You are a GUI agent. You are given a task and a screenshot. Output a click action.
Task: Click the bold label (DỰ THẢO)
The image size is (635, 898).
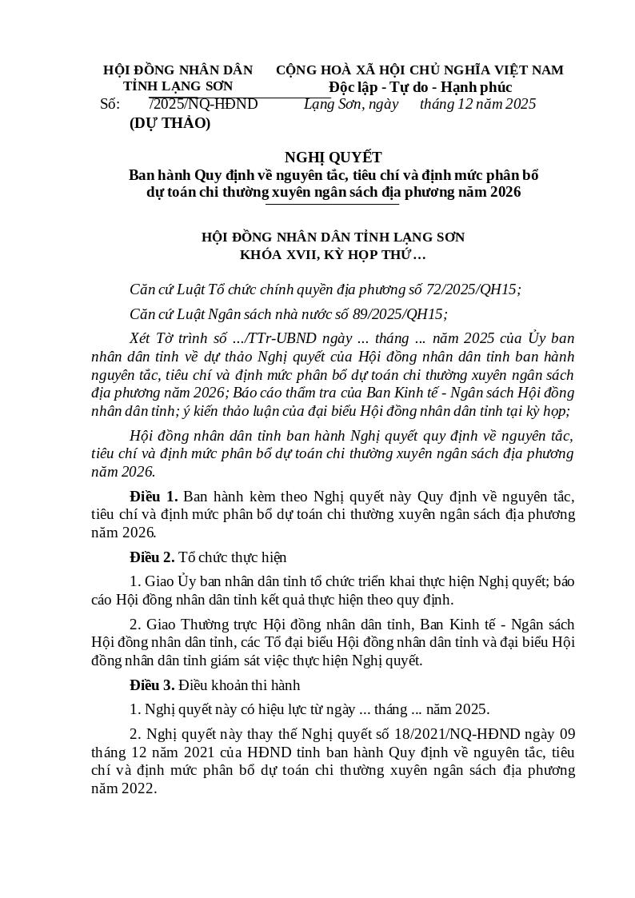tap(170, 123)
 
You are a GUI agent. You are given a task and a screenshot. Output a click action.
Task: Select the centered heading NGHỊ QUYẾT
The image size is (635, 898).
tap(333, 158)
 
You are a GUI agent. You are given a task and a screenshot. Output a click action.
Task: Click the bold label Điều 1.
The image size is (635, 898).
tap(154, 497)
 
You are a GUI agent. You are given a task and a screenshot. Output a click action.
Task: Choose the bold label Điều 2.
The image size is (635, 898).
tap(152, 557)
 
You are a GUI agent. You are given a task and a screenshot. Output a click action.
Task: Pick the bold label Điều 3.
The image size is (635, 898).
tap(152, 685)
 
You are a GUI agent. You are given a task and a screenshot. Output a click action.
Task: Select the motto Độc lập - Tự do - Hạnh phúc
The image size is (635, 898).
tap(420, 87)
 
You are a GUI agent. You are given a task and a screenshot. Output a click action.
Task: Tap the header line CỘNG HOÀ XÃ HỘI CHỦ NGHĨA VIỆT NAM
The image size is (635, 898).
tap(420, 70)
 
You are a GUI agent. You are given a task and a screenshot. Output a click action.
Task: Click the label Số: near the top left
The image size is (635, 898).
tap(110, 104)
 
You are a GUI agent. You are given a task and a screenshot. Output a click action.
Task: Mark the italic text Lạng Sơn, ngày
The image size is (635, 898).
tap(351, 104)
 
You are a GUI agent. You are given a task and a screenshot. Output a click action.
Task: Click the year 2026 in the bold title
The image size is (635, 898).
tap(505, 192)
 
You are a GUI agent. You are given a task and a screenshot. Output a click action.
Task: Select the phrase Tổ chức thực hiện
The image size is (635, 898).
tap(233, 557)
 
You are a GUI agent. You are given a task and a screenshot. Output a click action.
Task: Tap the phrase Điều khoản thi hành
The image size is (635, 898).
tap(239, 685)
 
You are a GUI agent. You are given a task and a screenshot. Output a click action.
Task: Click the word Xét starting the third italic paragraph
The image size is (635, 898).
tap(141, 338)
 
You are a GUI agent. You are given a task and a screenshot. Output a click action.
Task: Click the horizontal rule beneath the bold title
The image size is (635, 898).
tap(332, 205)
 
